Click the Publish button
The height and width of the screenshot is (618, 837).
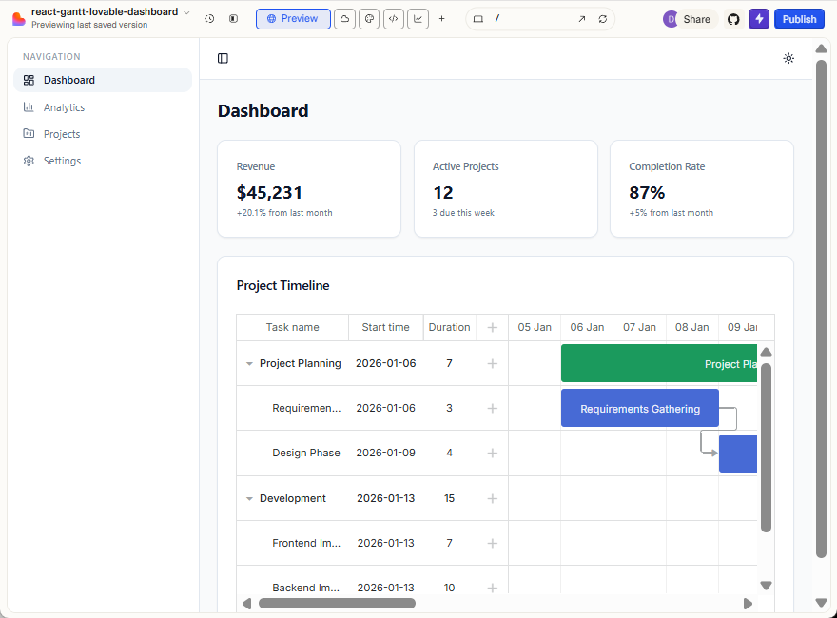(799, 19)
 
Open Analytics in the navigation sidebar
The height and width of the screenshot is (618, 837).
(64, 107)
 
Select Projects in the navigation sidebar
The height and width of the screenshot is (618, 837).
(62, 134)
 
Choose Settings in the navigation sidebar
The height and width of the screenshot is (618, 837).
(62, 161)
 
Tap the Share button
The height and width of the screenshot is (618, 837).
(696, 19)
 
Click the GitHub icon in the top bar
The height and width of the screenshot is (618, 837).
(733, 19)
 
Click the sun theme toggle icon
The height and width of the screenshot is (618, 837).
(788, 58)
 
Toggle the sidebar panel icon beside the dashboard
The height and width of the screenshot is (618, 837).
(223, 58)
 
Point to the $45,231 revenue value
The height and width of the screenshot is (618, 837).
(270, 192)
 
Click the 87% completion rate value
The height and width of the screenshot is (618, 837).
(647, 192)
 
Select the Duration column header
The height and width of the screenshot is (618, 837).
(449, 327)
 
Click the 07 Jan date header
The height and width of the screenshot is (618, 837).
(639, 327)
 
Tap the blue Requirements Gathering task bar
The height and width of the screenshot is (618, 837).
(639, 409)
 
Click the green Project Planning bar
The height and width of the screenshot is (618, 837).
(659, 363)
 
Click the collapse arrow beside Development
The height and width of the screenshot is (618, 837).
(249, 498)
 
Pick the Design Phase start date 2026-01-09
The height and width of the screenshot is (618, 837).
(385, 453)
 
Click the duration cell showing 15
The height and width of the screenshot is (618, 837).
(449, 498)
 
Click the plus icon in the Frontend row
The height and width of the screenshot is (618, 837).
(492, 543)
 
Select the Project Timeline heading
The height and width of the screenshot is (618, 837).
(282, 285)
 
